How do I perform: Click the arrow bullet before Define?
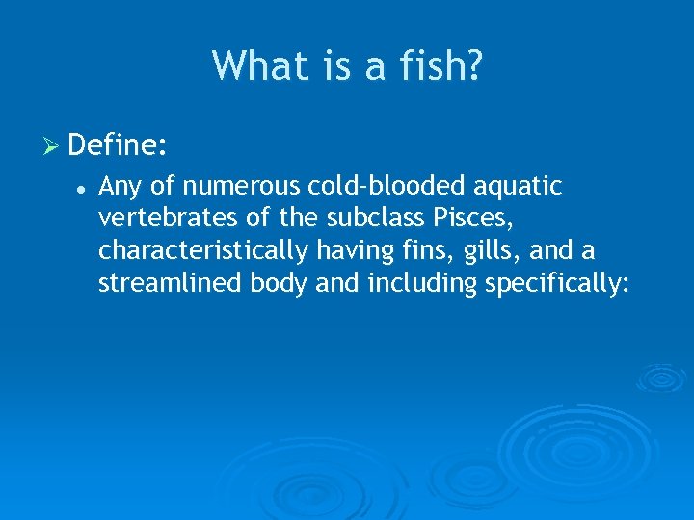pos(53,146)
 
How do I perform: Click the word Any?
pos(119,185)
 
